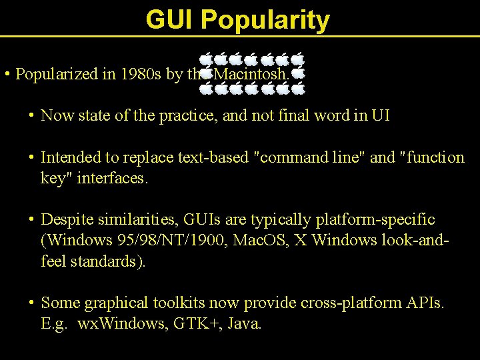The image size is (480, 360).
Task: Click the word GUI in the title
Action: [x=170, y=20]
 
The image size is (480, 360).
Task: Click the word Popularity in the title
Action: [x=265, y=21]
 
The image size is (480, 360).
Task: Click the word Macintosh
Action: [x=253, y=74]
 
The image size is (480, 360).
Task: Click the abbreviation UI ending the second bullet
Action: [x=381, y=116]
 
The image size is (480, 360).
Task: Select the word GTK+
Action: [x=193, y=325]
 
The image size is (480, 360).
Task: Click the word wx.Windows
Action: [x=115, y=325]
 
